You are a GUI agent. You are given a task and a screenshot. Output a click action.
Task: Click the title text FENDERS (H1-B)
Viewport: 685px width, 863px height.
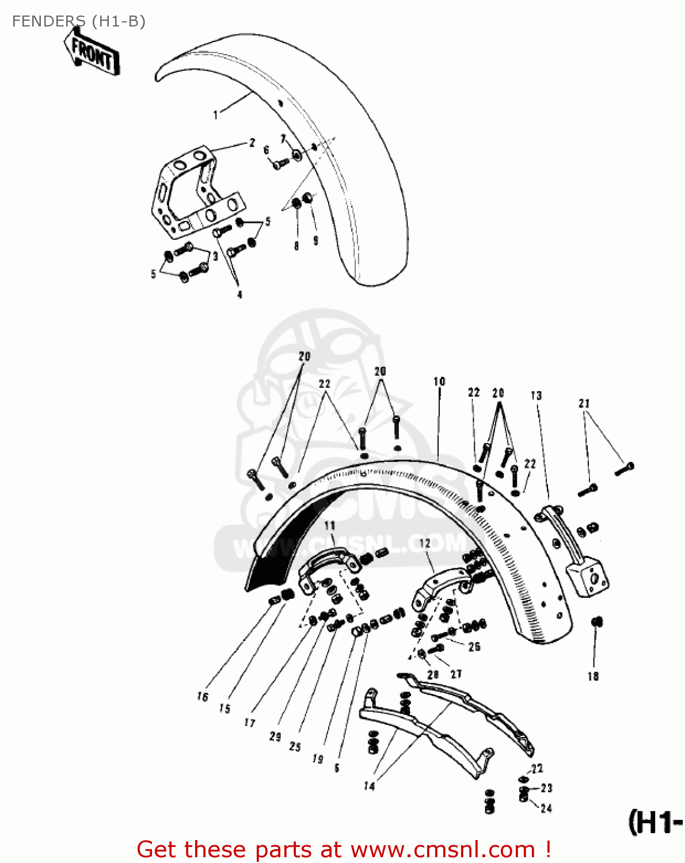click(x=78, y=21)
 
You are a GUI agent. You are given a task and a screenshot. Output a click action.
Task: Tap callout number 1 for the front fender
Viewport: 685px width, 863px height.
click(x=216, y=115)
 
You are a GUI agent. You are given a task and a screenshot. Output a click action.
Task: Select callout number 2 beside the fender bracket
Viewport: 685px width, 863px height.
click(x=252, y=143)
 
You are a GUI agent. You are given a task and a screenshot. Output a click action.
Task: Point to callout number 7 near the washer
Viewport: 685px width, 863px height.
click(x=283, y=139)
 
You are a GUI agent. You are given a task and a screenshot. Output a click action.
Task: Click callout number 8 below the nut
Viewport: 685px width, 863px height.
click(x=296, y=246)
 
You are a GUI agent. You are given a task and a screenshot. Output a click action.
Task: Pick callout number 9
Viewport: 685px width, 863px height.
click(x=315, y=241)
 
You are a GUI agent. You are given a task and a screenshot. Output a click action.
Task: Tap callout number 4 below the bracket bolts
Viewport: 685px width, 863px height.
click(x=239, y=295)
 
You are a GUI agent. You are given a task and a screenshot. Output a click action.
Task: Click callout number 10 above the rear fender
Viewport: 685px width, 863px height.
click(x=439, y=381)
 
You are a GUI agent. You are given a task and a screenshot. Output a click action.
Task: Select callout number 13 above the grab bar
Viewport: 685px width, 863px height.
click(x=536, y=396)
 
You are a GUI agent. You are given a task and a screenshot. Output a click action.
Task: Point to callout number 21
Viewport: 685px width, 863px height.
click(x=584, y=403)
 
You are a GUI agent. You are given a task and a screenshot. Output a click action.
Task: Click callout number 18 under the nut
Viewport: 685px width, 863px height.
click(x=593, y=677)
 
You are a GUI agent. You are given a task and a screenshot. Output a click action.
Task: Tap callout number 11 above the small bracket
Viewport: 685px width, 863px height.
click(x=329, y=525)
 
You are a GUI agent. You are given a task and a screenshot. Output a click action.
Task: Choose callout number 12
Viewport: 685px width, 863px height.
click(x=424, y=543)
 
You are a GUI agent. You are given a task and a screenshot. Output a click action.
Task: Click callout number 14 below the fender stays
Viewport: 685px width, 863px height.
click(x=369, y=786)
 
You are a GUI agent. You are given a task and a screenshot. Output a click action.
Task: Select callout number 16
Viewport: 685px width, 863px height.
click(x=202, y=697)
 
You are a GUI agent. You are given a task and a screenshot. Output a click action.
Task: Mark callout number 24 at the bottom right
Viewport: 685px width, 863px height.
click(x=546, y=808)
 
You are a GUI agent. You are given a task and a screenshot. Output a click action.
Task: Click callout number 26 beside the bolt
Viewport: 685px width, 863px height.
click(x=474, y=647)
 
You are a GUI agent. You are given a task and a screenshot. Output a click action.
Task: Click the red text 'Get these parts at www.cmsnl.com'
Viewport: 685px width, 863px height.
click(x=344, y=849)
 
